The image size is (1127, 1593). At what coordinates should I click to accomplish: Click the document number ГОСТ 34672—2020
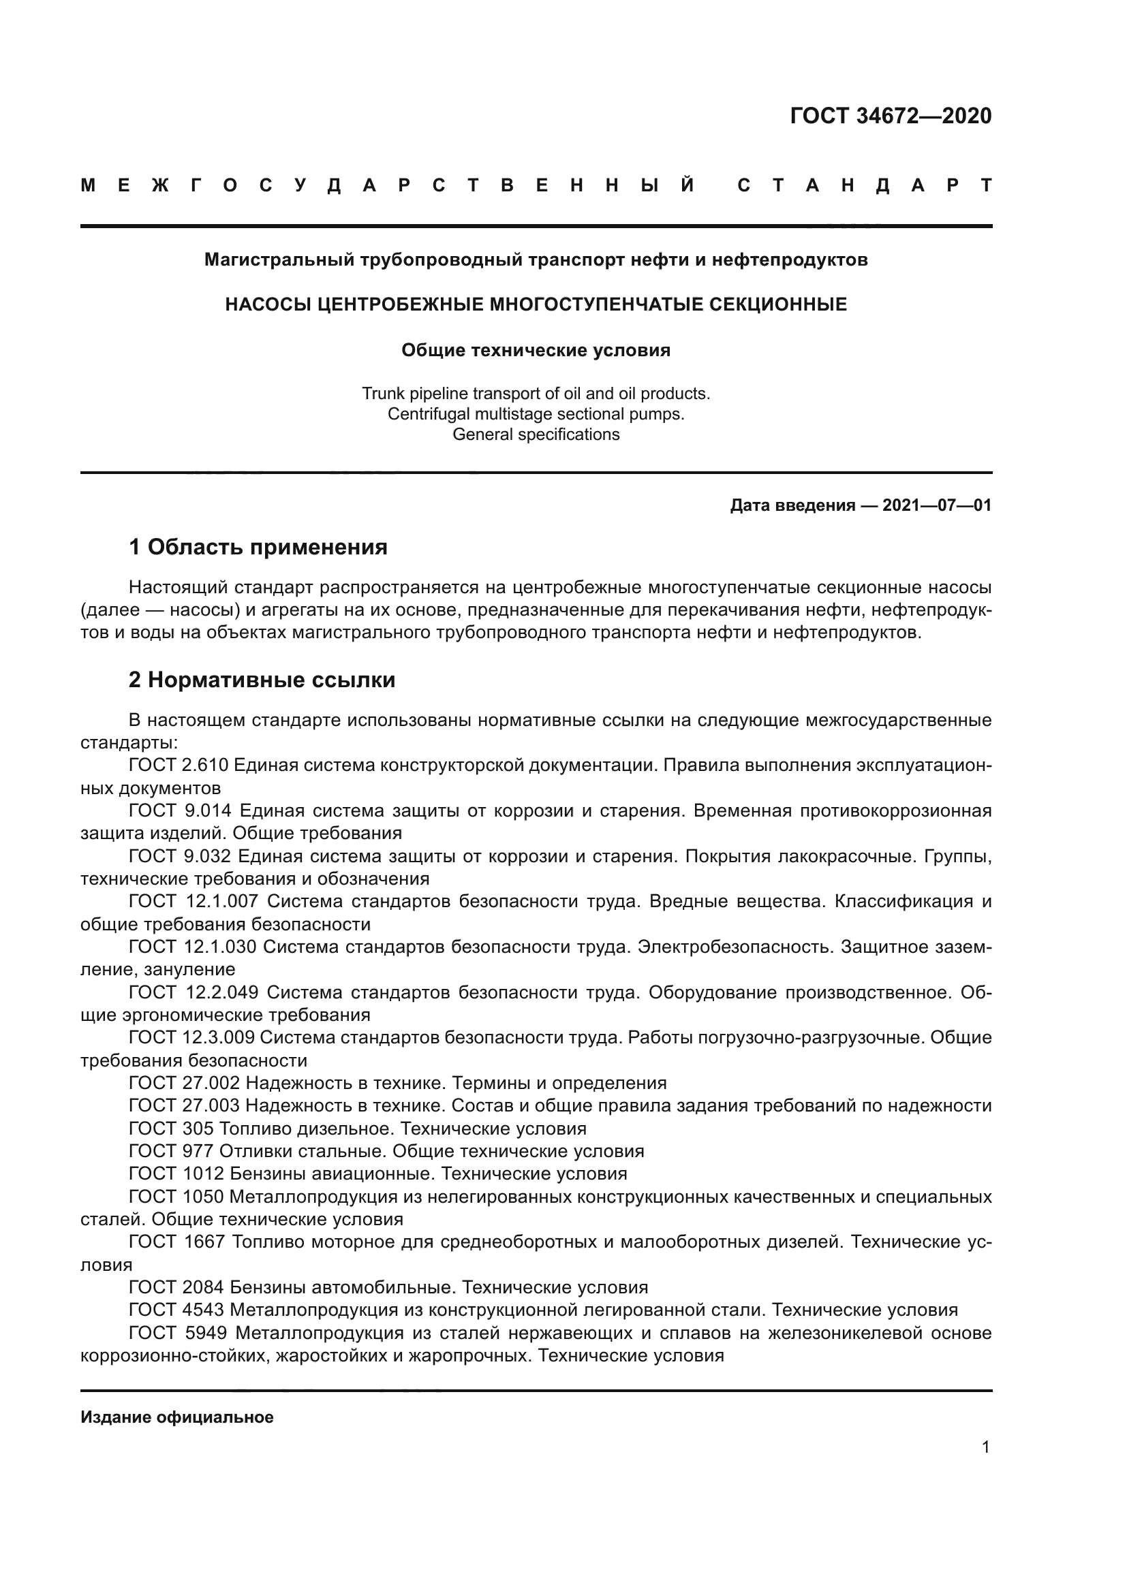tap(891, 116)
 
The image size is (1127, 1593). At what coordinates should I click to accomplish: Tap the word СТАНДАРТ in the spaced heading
tap(864, 186)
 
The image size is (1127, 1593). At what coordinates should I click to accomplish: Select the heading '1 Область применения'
tap(258, 548)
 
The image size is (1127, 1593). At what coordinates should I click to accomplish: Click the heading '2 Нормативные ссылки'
tap(262, 680)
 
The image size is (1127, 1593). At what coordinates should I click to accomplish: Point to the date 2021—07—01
tap(937, 505)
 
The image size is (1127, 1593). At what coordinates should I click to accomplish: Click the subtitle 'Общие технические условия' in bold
tap(536, 350)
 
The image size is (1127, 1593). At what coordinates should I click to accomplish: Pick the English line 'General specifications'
tap(536, 435)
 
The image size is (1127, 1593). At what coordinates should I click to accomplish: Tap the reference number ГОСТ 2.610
tap(179, 766)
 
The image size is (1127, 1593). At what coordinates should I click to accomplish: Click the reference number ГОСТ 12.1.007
tap(193, 901)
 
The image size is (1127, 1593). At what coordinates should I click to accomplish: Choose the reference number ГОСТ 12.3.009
tap(191, 1037)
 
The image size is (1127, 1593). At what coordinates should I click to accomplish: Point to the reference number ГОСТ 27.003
tap(184, 1105)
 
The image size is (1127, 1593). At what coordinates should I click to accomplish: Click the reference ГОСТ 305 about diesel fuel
tap(171, 1128)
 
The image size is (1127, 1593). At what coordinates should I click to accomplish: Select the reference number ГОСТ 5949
tap(179, 1333)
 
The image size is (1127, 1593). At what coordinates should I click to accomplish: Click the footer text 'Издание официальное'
tap(177, 1417)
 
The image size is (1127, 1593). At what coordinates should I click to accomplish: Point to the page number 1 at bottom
tap(985, 1466)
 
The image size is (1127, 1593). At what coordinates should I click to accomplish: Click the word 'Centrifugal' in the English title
tap(427, 414)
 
